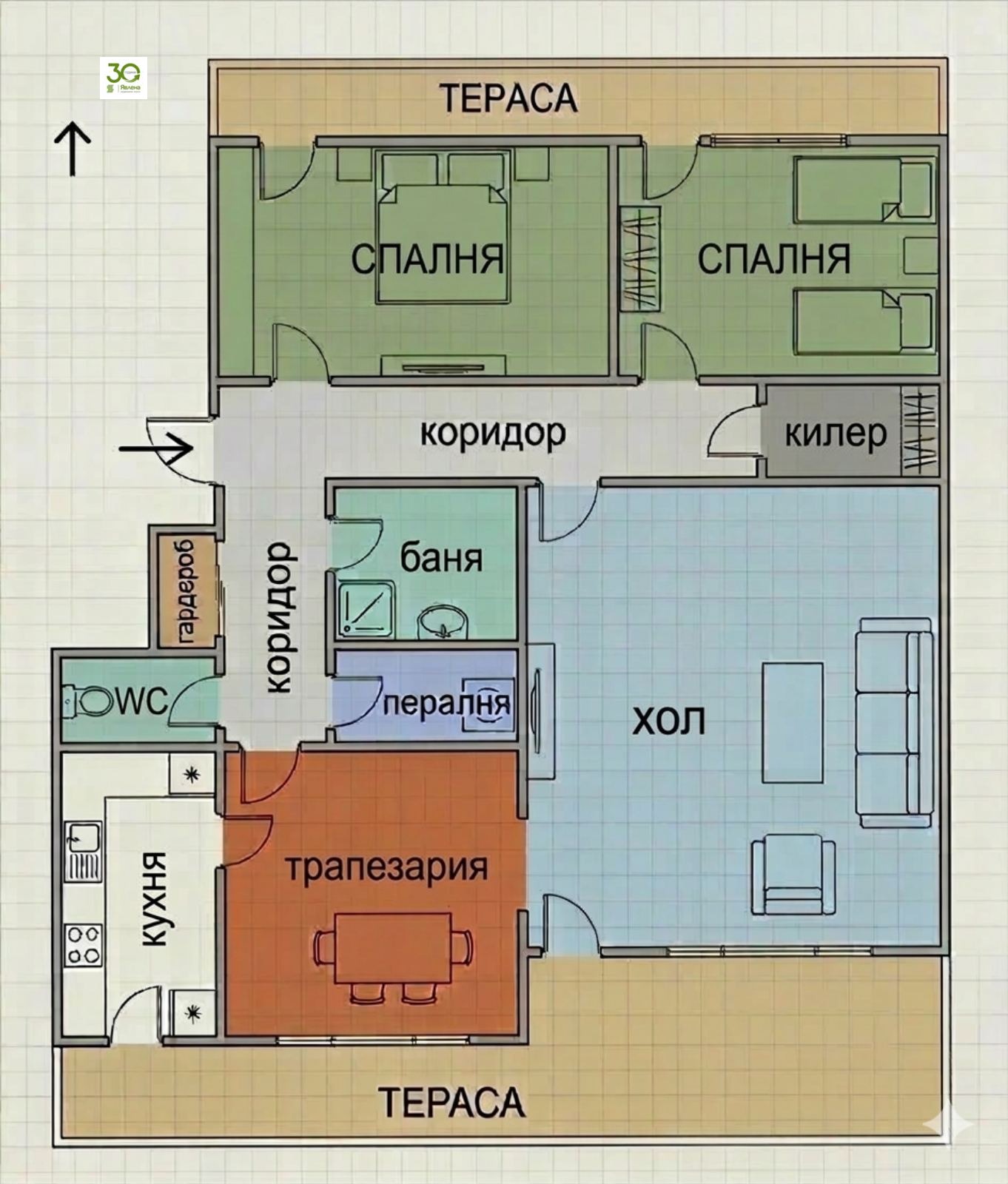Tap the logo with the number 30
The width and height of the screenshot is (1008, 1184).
pyautogui.click(x=123, y=78)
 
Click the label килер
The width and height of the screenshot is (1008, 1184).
pyautogui.click(x=835, y=433)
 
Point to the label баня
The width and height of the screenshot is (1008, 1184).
pyautogui.click(x=441, y=558)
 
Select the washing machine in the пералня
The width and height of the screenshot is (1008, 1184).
pyautogui.click(x=488, y=704)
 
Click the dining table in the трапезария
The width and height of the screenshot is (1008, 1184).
pyautogui.click(x=392, y=948)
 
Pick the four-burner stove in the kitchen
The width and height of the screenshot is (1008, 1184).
pyautogui.click(x=83, y=945)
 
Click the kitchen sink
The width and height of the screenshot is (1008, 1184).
pyautogui.click(x=83, y=851)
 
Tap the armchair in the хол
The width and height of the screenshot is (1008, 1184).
pyautogui.click(x=793, y=875)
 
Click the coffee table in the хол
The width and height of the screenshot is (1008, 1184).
pyautogui.click(x=793, y=722)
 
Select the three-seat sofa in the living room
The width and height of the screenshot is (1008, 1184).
pyautogui.click(x=893, y=722)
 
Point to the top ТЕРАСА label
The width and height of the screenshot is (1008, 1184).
pyautogui.click(x=508, y=98)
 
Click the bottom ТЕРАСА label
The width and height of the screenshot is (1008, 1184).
pyautogui.click(x=451, y=1103)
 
